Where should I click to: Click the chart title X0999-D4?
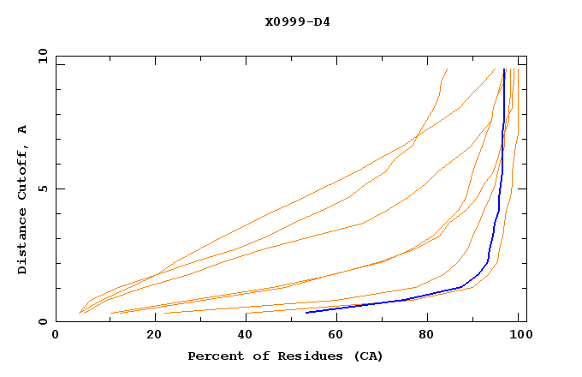coord(297,21)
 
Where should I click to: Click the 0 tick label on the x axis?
coord(56,337)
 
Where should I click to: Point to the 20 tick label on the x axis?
coord(154,337)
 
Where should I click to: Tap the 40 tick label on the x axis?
coord(246,337)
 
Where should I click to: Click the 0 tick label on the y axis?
coord(42,322)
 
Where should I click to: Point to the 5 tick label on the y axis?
coord(42,188)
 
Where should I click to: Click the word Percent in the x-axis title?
coord(214,356)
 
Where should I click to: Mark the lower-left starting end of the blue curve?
coord(306,312)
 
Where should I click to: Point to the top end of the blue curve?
coord(505,69)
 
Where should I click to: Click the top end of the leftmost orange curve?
coord(447,69)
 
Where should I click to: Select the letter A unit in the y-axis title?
coord(23,129)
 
